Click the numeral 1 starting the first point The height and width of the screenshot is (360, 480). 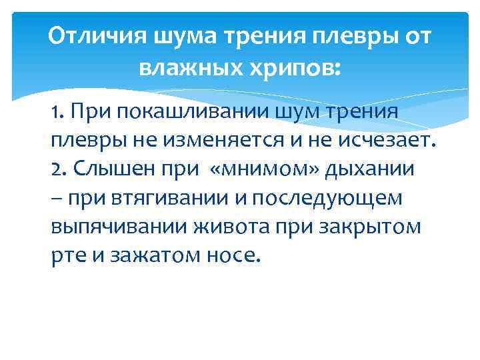tap(55, 112)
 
